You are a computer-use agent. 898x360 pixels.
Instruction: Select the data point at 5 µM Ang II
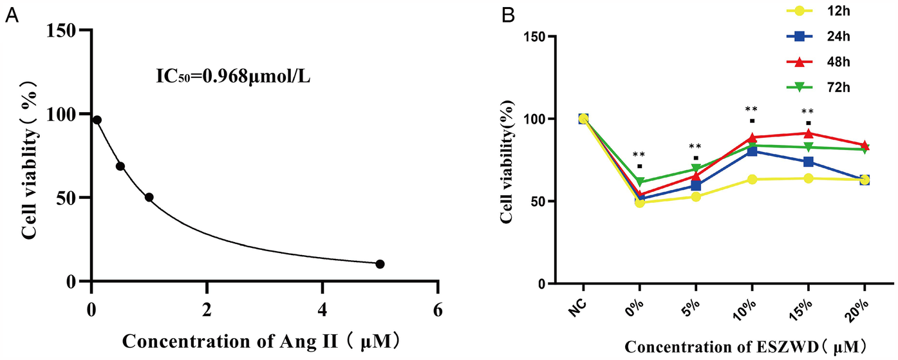pyautogui.click(x=380, y=264)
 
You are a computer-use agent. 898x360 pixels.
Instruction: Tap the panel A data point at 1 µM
pyautogui.click(x=149, y=197)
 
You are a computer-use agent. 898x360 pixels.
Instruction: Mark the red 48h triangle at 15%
pyautogui.click(x=808, y=133)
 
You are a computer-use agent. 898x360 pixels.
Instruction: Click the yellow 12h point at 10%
pyautogui.click(x=752, y=179)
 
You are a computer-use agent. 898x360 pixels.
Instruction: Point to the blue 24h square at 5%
pyautogui.click(x=696, y=186)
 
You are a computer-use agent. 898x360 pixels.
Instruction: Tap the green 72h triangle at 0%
pyautogui.click(x=640, y=182)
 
